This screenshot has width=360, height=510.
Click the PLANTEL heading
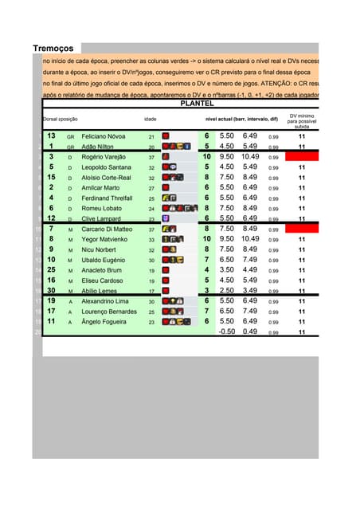coord(197,104)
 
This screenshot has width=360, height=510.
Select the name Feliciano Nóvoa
coord(104,137)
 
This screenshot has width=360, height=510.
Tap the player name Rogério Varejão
coord(104,157)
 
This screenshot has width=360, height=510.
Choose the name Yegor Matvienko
coord(104,239)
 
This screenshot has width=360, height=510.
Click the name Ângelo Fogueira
coord(104,322)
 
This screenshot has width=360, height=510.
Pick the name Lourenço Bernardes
coord(108,312)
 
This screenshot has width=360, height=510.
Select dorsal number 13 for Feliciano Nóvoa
coord(50,136)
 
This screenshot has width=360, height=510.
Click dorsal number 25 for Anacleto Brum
coord(50,270)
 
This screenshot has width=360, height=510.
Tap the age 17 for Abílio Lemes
coord(151,292)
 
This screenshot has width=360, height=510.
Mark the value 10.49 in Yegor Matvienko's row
coord(250,239)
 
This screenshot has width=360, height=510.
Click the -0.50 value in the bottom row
coord(227,331)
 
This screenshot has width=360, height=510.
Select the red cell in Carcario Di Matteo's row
coord(302,229)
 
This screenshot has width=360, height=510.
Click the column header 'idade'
coord(151,119)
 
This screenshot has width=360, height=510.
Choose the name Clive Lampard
coord(100,218)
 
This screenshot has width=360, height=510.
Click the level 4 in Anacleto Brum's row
coord(206,270)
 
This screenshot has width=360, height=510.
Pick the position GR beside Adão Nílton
coord(70,147)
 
